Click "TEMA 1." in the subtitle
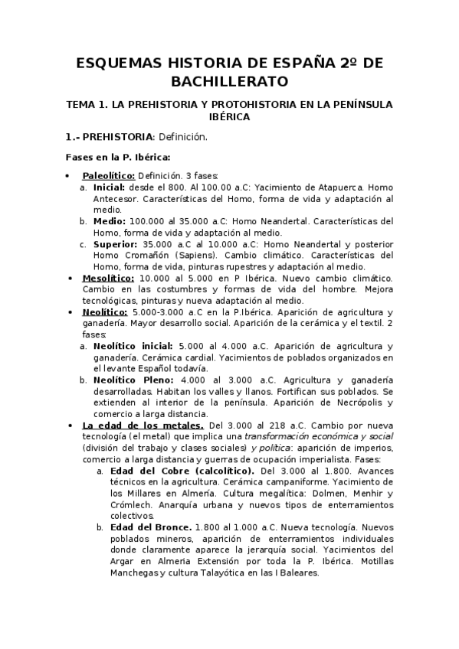pyautogui.click(x=87, y=103)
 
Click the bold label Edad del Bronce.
pyautogui.click(x=149, y=527)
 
